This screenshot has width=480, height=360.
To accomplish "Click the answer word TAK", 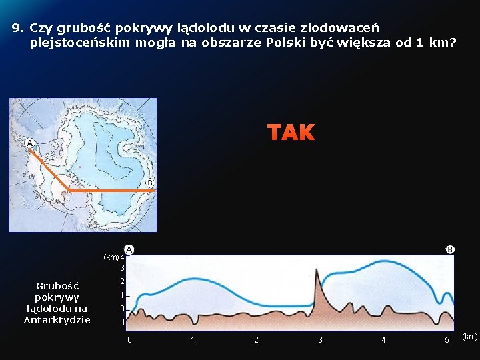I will click(291, 133).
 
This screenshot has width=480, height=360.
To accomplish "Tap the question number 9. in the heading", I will click(18, 29).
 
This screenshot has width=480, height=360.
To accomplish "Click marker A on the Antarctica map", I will click(29, 143).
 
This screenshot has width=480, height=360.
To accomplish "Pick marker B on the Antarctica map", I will click(149, 183).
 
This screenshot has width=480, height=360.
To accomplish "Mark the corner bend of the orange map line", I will click(69, 190).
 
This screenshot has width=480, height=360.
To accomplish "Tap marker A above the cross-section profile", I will click(129, 249).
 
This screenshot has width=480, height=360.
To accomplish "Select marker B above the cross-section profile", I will click(450, 249).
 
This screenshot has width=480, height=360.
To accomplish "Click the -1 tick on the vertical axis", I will click(121, 323).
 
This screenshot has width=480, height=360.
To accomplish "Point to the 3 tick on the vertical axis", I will click(123, 269).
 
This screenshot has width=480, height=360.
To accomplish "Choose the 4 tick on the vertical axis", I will click(123, 257).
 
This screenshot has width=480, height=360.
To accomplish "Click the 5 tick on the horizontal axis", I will click(447, 340).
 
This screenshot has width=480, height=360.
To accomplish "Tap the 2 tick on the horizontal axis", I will click(256, 340).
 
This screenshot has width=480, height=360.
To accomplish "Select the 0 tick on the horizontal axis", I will click(129, 340).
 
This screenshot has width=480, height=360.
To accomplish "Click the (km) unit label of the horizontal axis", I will click(469, 337).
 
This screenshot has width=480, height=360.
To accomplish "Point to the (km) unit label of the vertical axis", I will click(111, 257).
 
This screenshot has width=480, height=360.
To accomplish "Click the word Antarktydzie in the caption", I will click(57, 320).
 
